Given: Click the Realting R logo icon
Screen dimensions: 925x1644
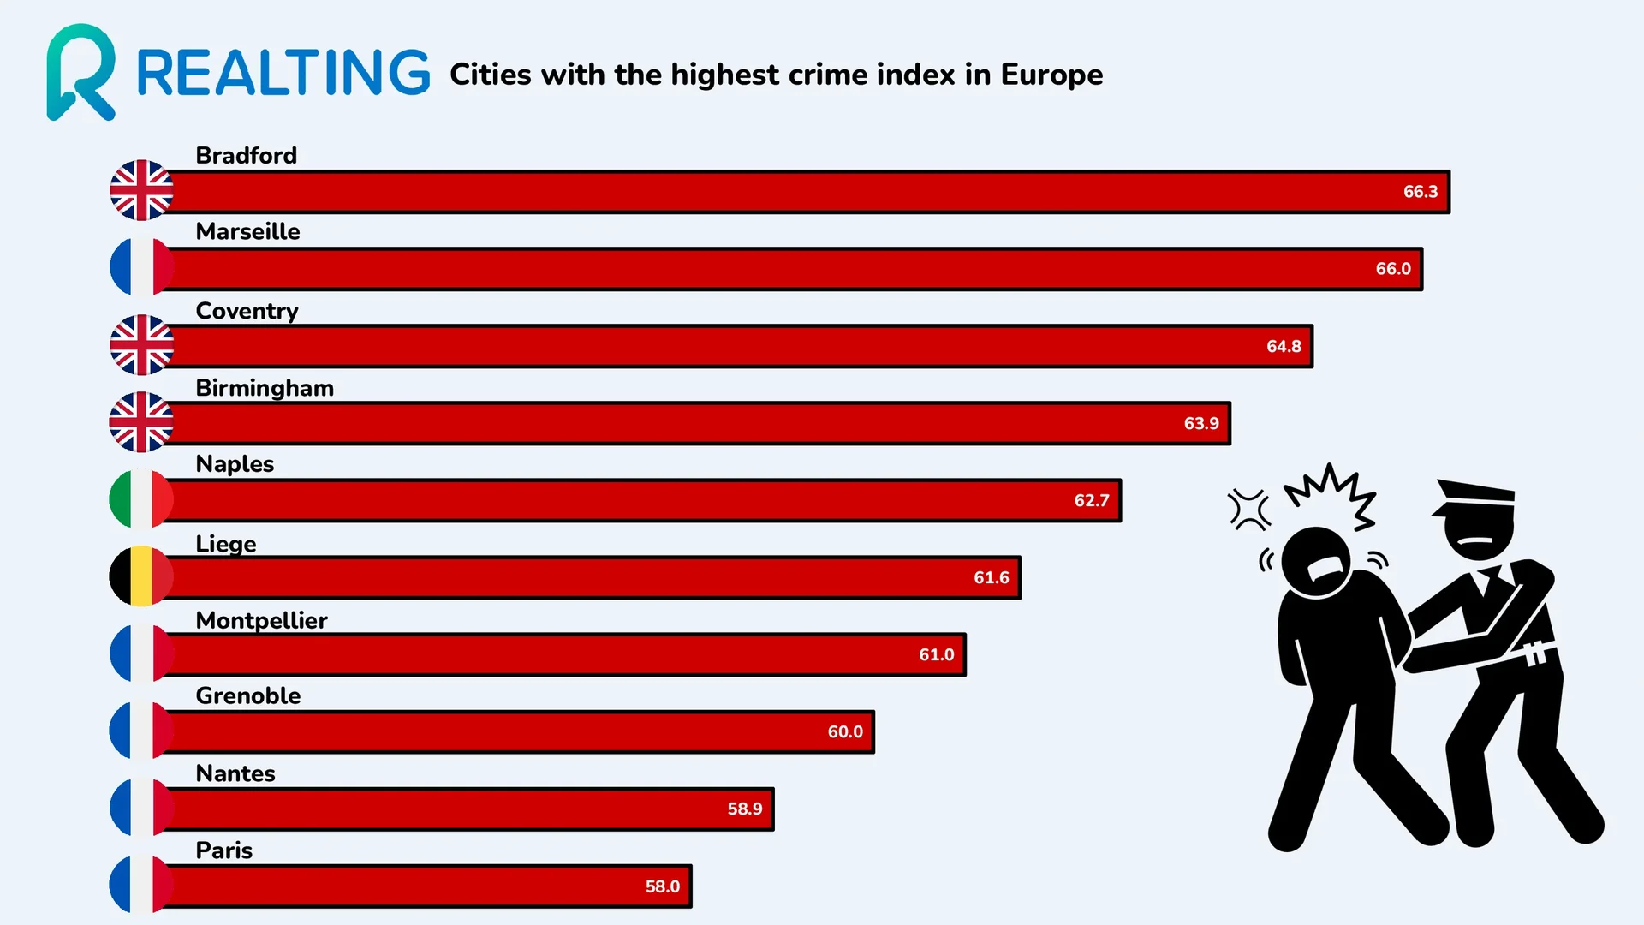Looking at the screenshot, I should (80, 72).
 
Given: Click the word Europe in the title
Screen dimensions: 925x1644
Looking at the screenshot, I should (1051, 75).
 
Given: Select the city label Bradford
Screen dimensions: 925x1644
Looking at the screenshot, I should (246, 156).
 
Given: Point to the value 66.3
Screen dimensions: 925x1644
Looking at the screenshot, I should (1420, 192).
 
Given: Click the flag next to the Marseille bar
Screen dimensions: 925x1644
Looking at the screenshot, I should (141, 267).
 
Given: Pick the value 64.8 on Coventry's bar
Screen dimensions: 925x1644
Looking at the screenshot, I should (1284, 347).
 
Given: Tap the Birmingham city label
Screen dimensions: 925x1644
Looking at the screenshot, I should (265, 388).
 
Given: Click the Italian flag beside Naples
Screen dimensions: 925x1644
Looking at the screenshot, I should (141, 499).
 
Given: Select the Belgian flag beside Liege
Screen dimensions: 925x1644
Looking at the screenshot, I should (141, 576).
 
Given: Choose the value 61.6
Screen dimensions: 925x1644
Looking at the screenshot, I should (991, 578).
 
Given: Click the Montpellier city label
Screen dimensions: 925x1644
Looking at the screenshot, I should (261, 620).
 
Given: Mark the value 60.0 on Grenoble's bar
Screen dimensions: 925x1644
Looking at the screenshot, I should (844, 732).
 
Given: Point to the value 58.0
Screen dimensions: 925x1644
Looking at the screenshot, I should (662, 886).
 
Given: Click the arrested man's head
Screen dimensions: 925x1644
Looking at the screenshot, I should (1314, 560).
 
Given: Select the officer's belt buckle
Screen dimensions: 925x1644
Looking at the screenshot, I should (1536, 653).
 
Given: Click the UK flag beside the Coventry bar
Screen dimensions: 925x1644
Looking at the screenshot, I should (141, 345).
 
